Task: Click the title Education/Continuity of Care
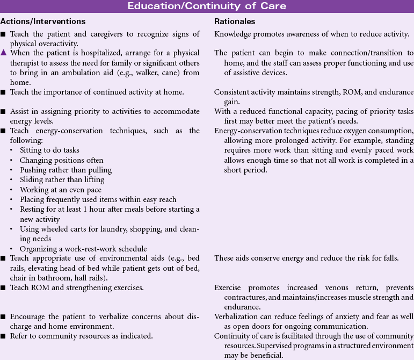[207, 6]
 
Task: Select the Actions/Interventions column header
[43, 21]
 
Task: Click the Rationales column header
[235, 21]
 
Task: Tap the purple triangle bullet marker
[4, 53]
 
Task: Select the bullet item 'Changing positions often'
[62, 160]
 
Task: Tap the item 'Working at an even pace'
[60, 190]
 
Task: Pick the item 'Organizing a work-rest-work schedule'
[83, 248]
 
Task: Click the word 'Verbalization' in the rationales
[236, 316]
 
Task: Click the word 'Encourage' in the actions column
[30, 316]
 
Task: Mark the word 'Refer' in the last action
[21, 336]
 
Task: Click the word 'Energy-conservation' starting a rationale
[247, 131]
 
